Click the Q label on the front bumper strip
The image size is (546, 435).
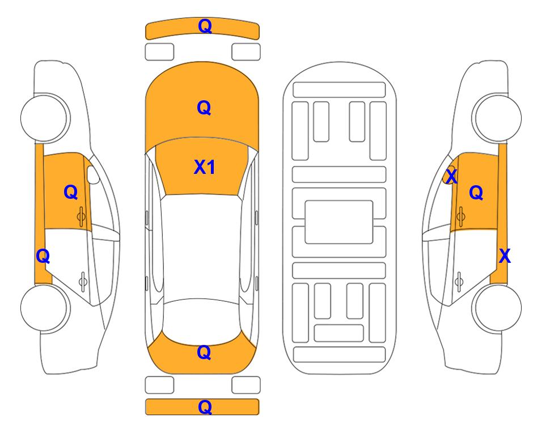(x=205, y=26)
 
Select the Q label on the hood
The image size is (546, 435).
(x=204, y=108)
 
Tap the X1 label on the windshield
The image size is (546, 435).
(x=205, y=167)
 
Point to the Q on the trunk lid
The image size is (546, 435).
(x=204, y=352)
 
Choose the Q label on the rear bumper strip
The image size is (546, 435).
(x=205, y=407)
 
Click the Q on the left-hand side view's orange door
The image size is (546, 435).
(x=71, y=192)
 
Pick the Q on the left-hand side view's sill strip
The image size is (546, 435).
(x=43, y=256)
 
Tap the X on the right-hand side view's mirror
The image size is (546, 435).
(x=451, y=177)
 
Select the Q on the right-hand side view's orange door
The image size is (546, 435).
(x=476, y=192)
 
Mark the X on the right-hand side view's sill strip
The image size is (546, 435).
(x=505, y=256)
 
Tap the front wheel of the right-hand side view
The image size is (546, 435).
(x=498, y=118)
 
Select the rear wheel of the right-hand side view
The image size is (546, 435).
(x=498, y=308)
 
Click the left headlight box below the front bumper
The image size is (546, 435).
(x=159, y=52)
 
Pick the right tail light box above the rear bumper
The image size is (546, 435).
(x=246, y=385)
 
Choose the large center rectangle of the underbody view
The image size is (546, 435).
(x=339, y=222)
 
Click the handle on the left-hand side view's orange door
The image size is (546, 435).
(x=82, y=217)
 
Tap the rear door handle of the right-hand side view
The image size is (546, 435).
(x=460, y=282)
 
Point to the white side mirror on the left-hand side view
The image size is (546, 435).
(x=92, y=174)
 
